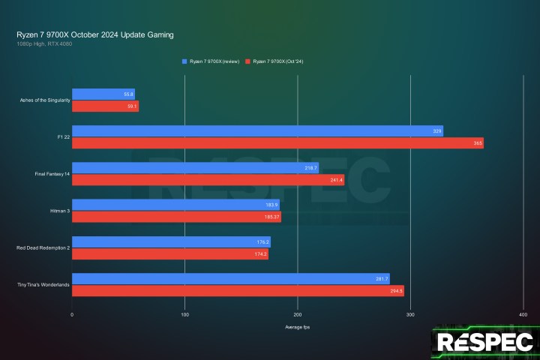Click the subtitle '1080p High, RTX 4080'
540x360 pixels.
pyautogui.click(x=44, y=43)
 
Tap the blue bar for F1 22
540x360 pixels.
pyautogui.click(x=257, y=131)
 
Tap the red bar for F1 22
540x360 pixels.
pyautogui.click(x=277, y=142)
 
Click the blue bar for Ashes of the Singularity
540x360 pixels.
pyautogui.click(x=103, y=94)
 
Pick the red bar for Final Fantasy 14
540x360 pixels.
pyautogui.click(x=208, y=179)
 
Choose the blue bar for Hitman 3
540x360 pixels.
pyautogui.click(x=175, y=205)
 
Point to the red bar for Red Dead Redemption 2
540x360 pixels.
pyautogui.click(x=169, y=254)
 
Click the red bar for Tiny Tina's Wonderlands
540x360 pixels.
pyautogui.click(x=238, y=291)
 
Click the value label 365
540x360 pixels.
pyautogui.click(x=478, y=142)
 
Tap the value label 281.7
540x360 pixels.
pyautogui.click(x=381, y=279)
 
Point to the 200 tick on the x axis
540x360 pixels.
pyautogui.click(x=298, y=315)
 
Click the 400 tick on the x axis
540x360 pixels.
pyautogui.click(x=523, y=315)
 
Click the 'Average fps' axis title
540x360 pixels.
pyautogui.click(x=298, y=328)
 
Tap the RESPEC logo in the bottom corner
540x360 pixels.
pyautogui.click(x=484, y=343)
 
